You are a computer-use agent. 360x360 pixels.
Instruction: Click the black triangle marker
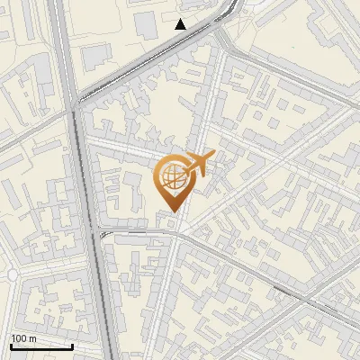pos(181,24)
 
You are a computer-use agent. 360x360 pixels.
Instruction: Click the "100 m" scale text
pos(23,338)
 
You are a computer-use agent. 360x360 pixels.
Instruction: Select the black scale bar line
pos(41,346)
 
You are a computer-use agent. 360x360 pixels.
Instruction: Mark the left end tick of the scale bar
pos(11,344)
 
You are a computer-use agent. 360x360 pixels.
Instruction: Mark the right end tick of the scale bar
pos(73,344)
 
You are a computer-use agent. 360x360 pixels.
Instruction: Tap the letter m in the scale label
pos(32,338)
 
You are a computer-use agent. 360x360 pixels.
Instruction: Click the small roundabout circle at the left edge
pos(13,273)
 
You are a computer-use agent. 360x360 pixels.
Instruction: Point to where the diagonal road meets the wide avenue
pos(74,103)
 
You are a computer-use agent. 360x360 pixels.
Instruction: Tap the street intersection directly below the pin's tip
pos(176,235)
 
